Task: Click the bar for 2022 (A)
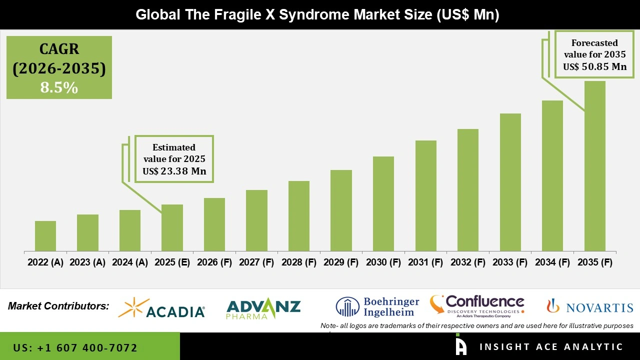(45, 236)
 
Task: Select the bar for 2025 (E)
(172, 227)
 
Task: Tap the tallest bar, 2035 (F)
(595, 166)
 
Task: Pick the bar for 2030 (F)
(383, 203)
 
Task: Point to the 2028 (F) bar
(299, 216)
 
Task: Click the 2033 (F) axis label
(510, 262)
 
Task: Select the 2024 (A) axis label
(130, 262)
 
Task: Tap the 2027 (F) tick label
(256, 262)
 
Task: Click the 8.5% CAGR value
(59, 88)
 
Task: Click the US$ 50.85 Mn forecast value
(594, 66)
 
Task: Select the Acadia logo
(161, 308)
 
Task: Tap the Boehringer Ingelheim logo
(377, 307)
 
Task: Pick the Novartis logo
(590, 306)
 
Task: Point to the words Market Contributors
(58, 305)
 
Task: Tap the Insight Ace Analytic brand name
(551, 347)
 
